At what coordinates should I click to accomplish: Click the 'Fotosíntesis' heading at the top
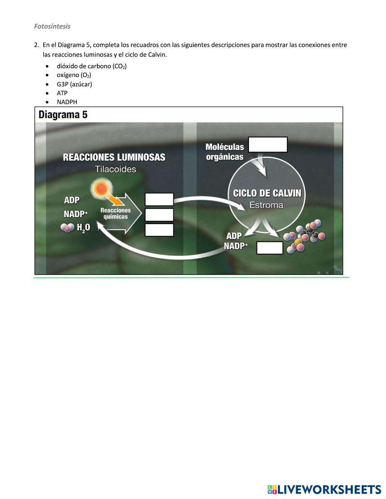point(52,26)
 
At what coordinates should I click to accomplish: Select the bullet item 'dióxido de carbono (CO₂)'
point(91,66)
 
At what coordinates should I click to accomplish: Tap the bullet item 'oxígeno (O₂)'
point(74,75)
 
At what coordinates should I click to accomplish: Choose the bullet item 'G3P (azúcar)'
point(74,84)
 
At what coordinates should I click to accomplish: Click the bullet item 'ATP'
point(62,93)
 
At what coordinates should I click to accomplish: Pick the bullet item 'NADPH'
point(67,102)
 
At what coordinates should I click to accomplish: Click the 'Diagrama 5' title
point(63,115)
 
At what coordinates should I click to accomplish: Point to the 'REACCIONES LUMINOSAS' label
point(114,157)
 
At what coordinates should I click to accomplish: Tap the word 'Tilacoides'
point(115,169)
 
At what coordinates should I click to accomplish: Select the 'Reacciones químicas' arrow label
point(115,213)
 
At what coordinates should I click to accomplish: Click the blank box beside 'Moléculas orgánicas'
point(267,145)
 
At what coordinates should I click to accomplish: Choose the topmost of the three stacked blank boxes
point(159,199)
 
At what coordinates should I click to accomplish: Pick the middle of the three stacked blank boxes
point(159,215)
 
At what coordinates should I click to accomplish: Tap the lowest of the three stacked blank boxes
point(159,230)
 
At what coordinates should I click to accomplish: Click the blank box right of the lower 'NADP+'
point(269,248)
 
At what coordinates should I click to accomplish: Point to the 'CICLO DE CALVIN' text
point(267,193)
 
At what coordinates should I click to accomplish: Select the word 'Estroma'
point(266,205)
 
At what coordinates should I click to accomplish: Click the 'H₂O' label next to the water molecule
point(83,228)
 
